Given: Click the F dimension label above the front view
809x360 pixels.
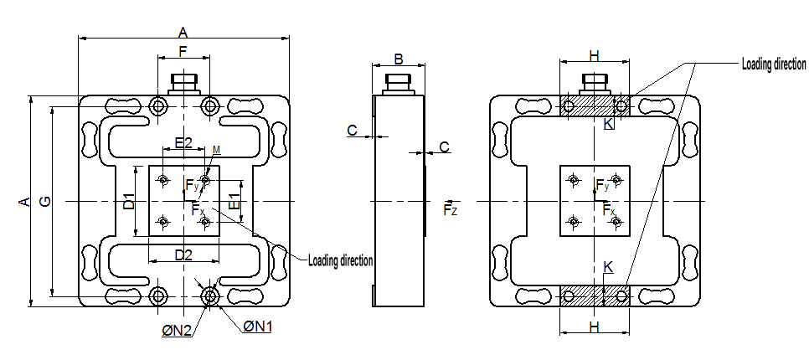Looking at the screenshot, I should click(183, 51).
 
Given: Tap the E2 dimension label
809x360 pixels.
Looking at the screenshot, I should click(183, 142).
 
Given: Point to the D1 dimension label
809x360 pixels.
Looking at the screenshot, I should click(129, 202).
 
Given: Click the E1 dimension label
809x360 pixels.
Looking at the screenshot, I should click(234, 202).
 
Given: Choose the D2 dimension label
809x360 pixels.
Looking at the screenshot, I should click(183, 254).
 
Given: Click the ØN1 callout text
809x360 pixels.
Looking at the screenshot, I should click(258, 327).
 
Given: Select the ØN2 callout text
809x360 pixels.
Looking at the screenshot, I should click(178, 332).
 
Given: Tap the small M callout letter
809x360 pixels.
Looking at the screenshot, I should click(216, 150).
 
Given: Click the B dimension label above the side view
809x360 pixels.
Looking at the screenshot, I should click(399, 59).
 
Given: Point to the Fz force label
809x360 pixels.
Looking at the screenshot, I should click(451, 208).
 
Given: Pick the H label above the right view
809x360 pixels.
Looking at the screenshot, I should click(594, 56).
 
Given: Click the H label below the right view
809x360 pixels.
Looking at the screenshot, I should click(594, 325).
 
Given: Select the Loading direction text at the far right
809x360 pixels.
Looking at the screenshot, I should click(773, 64).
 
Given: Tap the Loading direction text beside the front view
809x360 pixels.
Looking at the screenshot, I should click(340, 260).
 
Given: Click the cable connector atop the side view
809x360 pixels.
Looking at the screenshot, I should click(397, 83).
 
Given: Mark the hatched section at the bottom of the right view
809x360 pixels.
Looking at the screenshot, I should click(594, 296).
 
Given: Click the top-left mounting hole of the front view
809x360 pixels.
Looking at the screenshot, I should click(157, 106).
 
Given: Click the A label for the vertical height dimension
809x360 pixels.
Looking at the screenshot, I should click(24, 202).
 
